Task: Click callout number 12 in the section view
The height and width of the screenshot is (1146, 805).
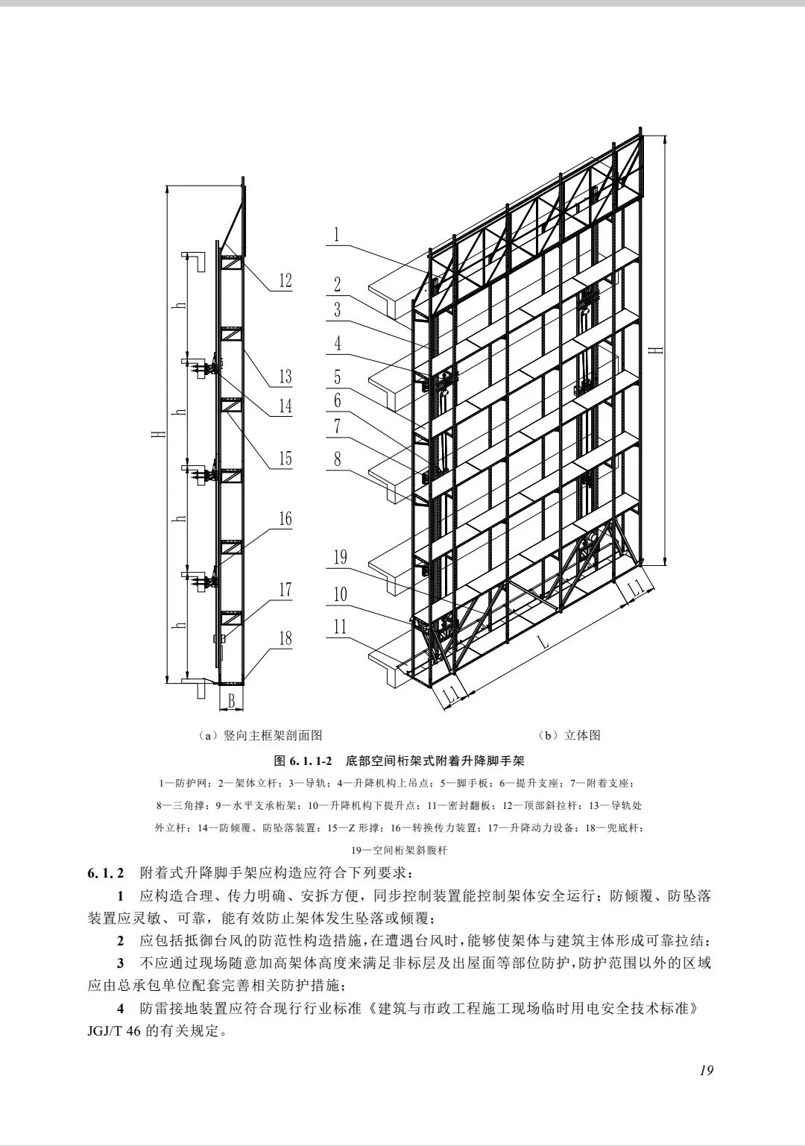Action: pos(285,280)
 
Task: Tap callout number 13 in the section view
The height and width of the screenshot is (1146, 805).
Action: pos(285,376)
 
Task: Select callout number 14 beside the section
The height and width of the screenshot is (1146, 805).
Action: pos(285,406)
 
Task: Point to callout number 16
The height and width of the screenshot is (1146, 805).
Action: pos(285,518)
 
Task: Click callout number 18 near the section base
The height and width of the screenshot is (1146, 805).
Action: pos(285,638)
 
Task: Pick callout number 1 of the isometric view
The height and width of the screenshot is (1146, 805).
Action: pos(337,235)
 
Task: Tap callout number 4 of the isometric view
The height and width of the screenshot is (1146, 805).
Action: pos(338,343)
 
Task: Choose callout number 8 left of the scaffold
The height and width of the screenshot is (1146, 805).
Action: pos(338,459)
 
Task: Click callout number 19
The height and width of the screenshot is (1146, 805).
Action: pos(340,556)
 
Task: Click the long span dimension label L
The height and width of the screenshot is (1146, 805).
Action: pos(545,643)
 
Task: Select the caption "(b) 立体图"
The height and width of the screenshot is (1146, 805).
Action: pos(572,736)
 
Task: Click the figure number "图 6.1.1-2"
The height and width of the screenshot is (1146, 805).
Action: pos(303,761)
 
